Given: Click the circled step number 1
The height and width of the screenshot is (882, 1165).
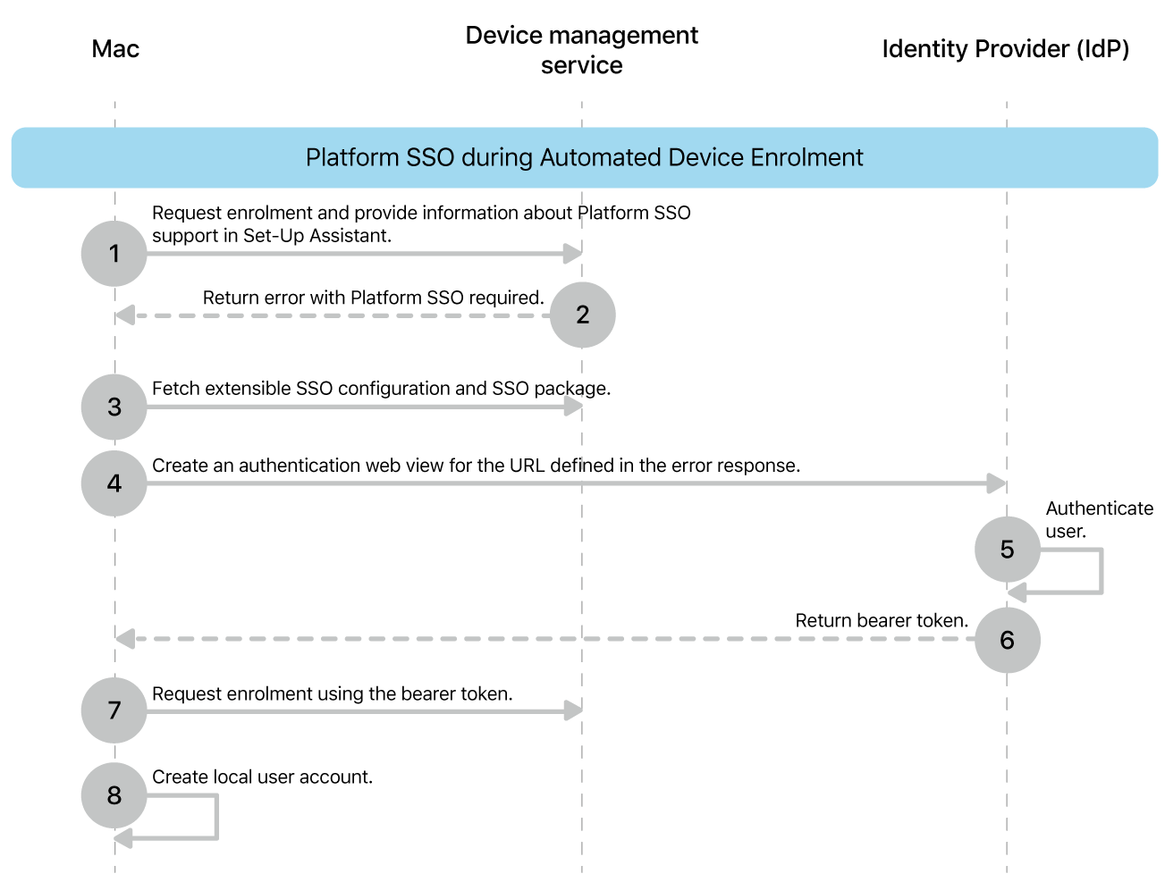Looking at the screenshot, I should tap(114, 254).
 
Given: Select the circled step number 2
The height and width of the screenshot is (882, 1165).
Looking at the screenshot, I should tap(582, 315).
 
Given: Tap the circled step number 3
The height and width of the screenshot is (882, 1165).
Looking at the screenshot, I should tap(114, 407).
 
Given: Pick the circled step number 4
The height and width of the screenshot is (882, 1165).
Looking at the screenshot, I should tap(114, 483).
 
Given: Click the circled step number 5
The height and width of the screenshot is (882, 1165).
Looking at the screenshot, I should tap(1007, 549).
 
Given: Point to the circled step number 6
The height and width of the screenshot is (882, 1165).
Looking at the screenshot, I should tap(1007, 640).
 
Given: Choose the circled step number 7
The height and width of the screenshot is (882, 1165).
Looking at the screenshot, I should tap(114, 710).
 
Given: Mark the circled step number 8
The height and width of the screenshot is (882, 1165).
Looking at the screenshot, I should tap(114, 795).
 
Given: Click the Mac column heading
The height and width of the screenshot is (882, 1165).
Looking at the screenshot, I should tap(115, 48).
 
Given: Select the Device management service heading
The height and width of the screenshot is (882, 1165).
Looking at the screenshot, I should tap(581, 50).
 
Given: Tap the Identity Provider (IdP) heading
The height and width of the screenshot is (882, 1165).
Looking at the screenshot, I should tap(1005, 48).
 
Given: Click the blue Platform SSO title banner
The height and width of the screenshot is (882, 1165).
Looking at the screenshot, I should tap(584, 157).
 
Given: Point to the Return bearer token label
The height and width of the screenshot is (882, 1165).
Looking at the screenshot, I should tap(881, 620).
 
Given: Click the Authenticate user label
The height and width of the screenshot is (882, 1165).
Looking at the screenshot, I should tap(1098, 519).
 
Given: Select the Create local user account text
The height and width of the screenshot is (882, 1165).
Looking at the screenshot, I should tap(262, 777).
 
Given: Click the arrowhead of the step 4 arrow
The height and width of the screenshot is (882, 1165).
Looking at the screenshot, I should tap(997, 483).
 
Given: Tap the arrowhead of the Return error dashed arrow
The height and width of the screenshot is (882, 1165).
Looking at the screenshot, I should tap(125, 315).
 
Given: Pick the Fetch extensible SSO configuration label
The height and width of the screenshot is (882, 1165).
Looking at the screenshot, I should tap(381, 388).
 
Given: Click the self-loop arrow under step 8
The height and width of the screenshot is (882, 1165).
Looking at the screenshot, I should tap(215, 818).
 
